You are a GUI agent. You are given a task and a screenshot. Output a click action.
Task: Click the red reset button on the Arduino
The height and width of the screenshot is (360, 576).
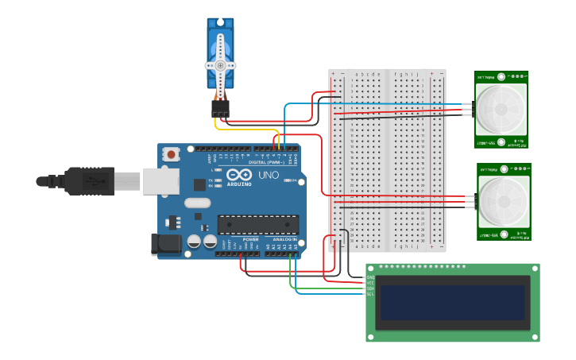pyautogui.click(x=170, y=155)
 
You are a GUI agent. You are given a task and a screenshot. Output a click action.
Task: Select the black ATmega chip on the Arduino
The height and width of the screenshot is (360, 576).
pyautogui.click(x=258, y=225)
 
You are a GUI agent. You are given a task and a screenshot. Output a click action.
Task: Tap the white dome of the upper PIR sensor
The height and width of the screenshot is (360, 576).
pyautogui.click(x=501, y=109)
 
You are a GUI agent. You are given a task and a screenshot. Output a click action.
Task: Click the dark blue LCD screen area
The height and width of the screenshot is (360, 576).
pyautogui.click(x=452, y=302)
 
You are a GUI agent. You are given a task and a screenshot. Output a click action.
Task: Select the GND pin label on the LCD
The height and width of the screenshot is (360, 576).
pyautogui.click(x=369, y=276)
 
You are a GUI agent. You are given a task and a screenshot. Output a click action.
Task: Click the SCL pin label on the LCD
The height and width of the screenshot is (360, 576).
pyautogui.click(x=369, y=294)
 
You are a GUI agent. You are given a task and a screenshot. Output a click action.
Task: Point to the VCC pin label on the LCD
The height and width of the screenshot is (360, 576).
pyautogui.click(x=369, y=282)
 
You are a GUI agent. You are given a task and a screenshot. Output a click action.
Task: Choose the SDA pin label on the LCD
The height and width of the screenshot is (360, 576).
pyautogui.click(x=369, y=288)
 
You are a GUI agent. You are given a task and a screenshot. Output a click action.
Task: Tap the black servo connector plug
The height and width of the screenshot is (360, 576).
pyautogui.click(x=220, y=108)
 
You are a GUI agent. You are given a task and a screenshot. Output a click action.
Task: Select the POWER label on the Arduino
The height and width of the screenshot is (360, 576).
pyautogui.click(x=250, y=239)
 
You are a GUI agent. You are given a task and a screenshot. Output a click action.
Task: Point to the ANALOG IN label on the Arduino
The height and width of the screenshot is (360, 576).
pyautogui.click(x=285, y=239)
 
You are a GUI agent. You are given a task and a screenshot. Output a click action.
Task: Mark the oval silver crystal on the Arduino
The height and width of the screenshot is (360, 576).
pyautogui.click(x=199, y=203)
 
